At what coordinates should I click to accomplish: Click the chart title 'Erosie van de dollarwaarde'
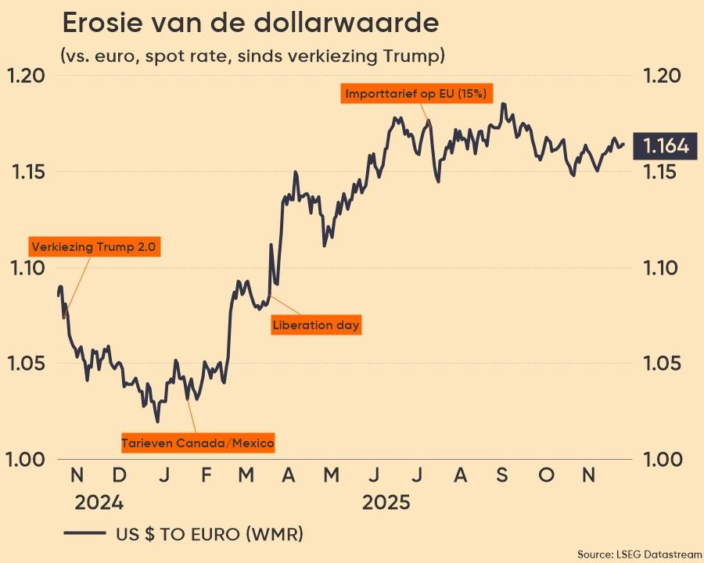coord(250,23)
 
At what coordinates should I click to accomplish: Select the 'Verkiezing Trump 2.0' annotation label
coord(94,247)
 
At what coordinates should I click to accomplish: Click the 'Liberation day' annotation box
coord(316,325)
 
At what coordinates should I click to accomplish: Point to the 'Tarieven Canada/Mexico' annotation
coord(198,443)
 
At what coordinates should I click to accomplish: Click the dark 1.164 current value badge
coord(665,145)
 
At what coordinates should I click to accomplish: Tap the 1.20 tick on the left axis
coord(27,76)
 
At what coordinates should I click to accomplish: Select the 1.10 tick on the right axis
coord(662,268)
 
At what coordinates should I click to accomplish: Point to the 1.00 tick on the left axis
coord(27,459)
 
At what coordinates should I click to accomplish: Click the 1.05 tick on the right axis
coord(662,364)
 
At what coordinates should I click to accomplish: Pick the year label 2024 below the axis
coord(99,501)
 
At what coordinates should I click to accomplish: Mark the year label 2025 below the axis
coord(386,501)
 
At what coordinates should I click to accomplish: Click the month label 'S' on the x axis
coord(502,475)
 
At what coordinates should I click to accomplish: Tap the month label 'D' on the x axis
coord(120,475)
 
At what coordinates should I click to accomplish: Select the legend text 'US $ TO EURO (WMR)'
coord(210,535)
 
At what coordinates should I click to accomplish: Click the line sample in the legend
coord(84,535)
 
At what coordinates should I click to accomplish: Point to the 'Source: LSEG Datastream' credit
coord(639,554)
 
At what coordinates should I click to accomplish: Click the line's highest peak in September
coord(503,103)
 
